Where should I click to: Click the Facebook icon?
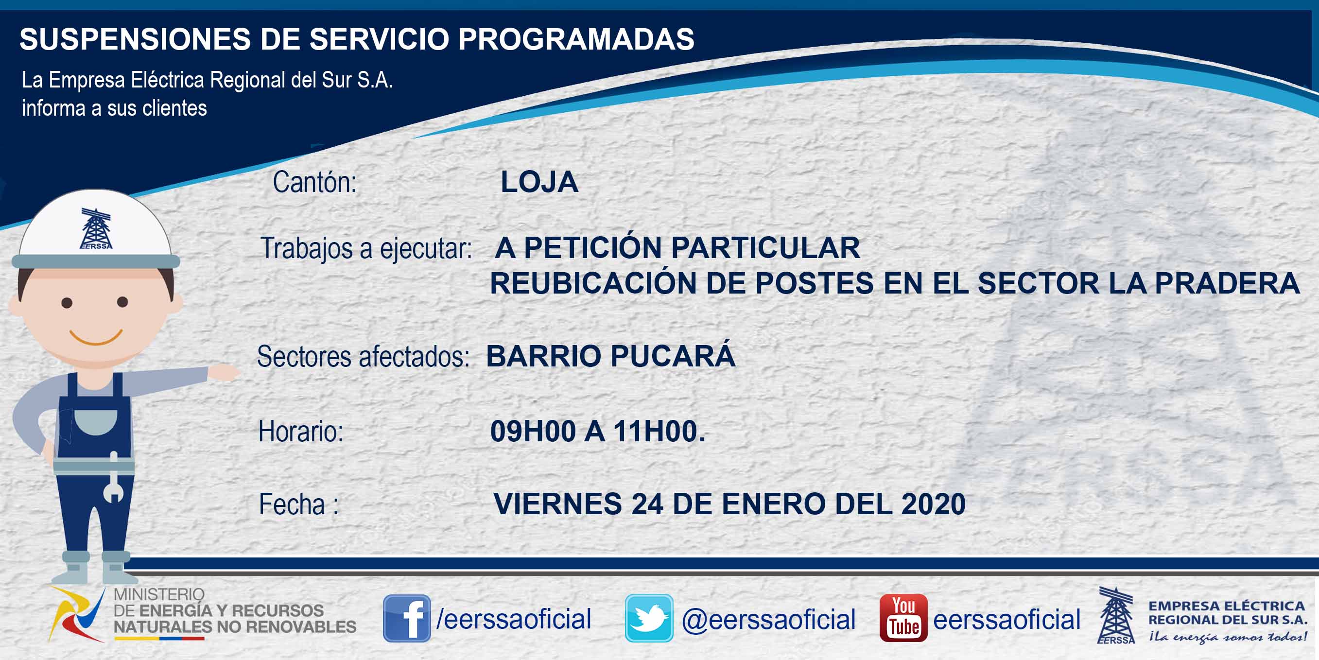coord(407,618)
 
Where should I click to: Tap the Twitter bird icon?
coord(649,618)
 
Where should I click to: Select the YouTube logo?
coord(903,618)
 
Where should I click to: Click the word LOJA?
coord(539,182)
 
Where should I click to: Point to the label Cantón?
coord(314,182)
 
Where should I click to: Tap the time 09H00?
coord(533,431)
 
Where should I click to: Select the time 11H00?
coord(656,431)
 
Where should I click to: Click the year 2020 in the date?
coord(934,504)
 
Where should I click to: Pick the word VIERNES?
coord(557,504)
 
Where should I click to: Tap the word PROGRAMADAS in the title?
coord(576,39)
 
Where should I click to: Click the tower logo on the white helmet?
coord(96,228)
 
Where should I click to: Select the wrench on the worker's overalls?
coord(114,477)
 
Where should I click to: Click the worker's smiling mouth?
coord(96,337)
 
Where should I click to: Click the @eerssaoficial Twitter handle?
coord(768,619)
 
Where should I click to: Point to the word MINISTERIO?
coord(159,594)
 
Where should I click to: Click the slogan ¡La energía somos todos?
coord(1227,637)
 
